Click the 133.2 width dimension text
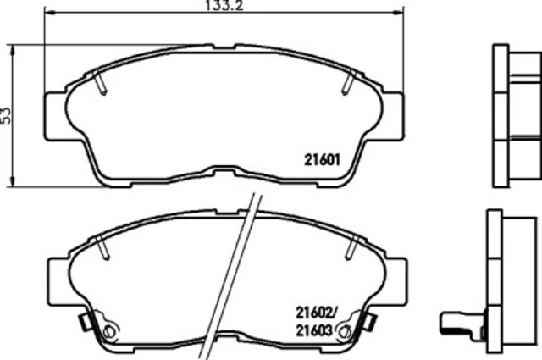click(224, 5)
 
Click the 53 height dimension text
click(6, 116)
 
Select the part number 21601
click(322, 160)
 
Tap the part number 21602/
click(316, 313)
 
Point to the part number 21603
click(314, 330)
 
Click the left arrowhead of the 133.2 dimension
click(50, 13)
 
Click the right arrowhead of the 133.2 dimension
click(398, 13)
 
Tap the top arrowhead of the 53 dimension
click(13, 50)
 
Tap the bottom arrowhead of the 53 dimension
click(13, 181)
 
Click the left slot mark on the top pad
click(100, 83)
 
